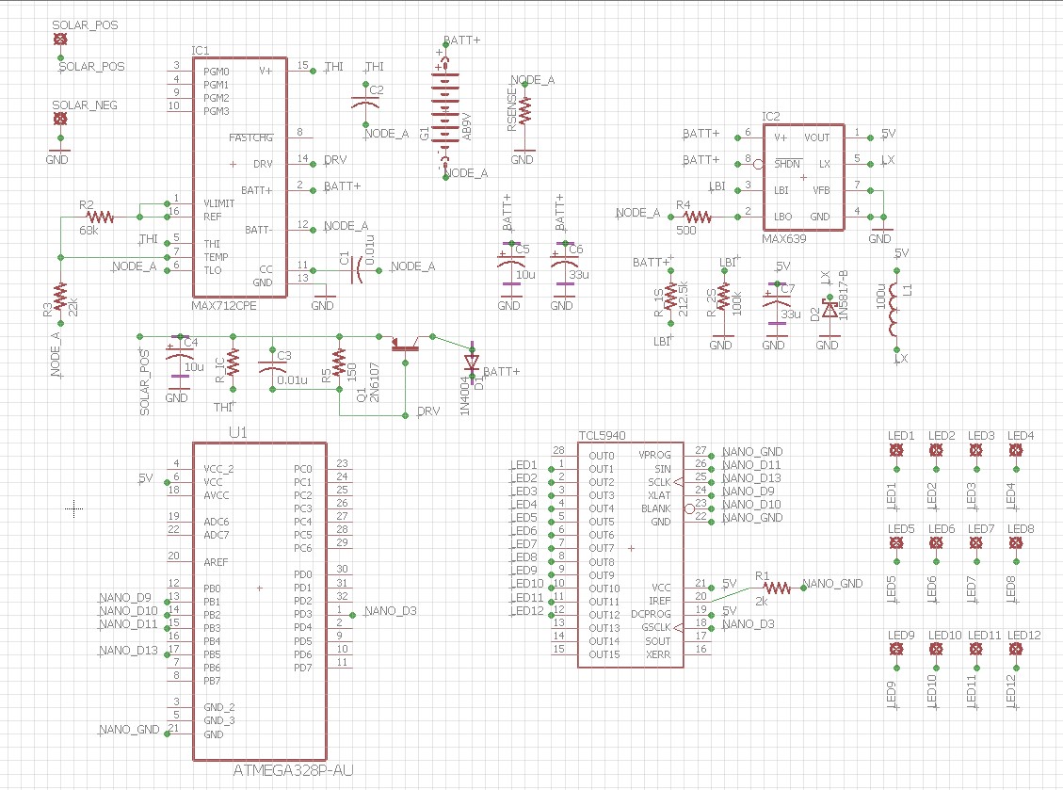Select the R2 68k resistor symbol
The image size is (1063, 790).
coord(99,217)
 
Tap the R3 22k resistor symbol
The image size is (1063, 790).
coord(60,297)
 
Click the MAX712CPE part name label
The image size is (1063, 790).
coord(223,306)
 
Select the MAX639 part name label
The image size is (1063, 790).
coord(784,239)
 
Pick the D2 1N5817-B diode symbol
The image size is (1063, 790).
coord(829,308)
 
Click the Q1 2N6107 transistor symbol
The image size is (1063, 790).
coord(406,345)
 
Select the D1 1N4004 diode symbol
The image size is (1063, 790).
coord(471,362)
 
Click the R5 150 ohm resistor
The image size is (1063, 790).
coord(339,363)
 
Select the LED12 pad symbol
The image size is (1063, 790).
coord(1016,651)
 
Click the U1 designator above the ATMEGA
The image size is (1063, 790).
coord(237,432)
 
